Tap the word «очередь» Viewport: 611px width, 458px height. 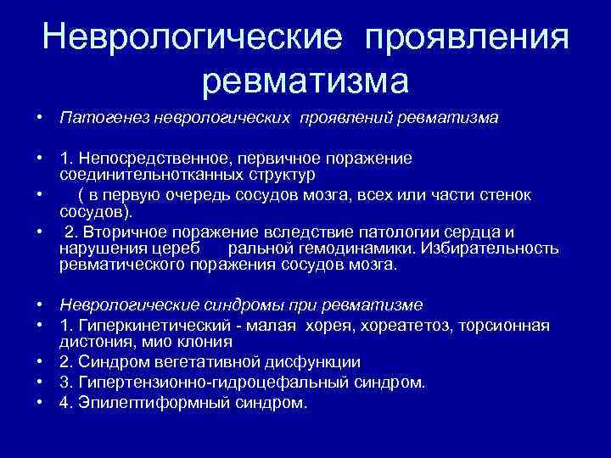[243, 196]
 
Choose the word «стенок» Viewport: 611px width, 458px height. [507, 196]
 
